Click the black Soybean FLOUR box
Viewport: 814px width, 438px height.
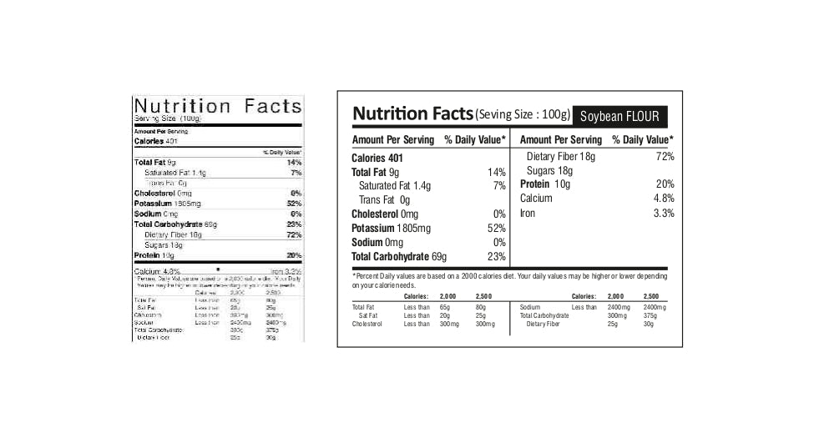(x=621, y=115)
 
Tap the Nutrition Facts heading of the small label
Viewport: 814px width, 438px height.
(x=217, y=106)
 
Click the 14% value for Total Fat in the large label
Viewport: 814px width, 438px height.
(x=497, y=172)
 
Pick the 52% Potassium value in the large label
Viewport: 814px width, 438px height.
(x=497, y=229)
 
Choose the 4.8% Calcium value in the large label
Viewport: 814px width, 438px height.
(x=664, y=199)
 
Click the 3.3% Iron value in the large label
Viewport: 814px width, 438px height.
(x=664, y=214)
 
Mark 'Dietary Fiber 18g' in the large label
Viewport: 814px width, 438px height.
(x=561, y=157)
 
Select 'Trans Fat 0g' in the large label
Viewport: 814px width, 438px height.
(x=384, y=200)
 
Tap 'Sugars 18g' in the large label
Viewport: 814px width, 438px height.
(x=549, y=171)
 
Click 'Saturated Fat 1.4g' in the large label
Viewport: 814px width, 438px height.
(x=395, y=186)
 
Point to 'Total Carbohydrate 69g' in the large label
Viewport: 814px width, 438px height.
(x=399, y=257)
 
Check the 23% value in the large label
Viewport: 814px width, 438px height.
(x=497, y=257)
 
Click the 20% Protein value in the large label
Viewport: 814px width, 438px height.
(x=665, y=184)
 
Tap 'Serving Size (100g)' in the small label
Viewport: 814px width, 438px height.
(x=168, y=118)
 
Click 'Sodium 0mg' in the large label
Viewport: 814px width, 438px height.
(x=377, y=243)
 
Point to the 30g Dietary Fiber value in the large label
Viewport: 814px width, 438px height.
(x=649, y=324)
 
